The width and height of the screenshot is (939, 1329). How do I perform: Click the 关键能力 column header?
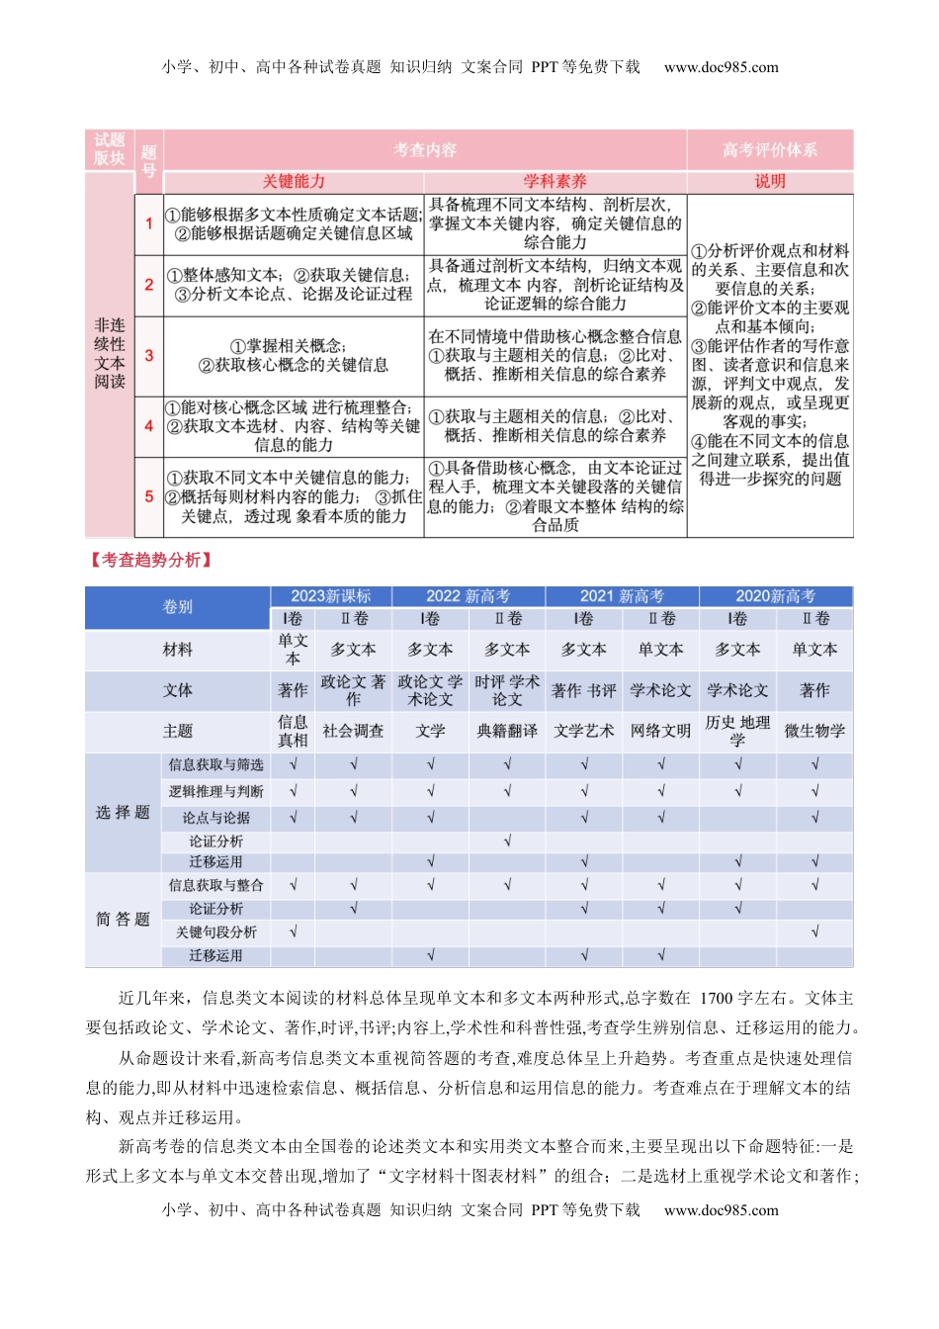tap(294, 182)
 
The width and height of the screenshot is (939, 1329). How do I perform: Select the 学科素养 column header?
tap(555, 182)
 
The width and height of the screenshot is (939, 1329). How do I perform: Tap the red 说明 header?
tap(770, 182)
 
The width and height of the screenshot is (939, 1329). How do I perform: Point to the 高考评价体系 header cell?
tap(770, 150)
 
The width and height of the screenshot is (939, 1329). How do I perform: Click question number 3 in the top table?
tap(149, 355)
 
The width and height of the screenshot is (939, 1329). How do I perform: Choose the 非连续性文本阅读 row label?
tap(110, 354)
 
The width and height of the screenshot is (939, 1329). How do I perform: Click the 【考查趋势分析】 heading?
tap(151, 561)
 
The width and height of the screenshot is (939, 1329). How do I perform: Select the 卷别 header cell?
tap(178, 607)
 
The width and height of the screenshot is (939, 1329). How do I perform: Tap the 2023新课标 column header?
tap(331, 596)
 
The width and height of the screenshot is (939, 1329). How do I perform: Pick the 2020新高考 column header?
tap(776, 596)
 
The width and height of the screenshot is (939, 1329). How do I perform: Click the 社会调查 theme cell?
tap(353, 732)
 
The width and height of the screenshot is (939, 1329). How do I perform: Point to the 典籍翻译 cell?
tap(507, 732)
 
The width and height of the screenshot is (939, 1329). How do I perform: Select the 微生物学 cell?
tap(814, 732)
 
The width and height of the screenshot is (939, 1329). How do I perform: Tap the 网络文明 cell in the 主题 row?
tap(660, 732)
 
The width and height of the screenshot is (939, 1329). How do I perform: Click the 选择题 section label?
tap(123, 813)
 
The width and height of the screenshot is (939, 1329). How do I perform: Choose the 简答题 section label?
tap(123, 920)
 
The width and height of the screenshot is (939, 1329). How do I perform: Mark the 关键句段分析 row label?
tap(216, 932)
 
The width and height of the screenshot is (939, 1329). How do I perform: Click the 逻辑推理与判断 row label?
tap(216, 792)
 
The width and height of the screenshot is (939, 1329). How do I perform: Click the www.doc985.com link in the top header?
tap(721, 67)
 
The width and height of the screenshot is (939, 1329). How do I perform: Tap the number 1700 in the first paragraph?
tap(717, 999)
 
